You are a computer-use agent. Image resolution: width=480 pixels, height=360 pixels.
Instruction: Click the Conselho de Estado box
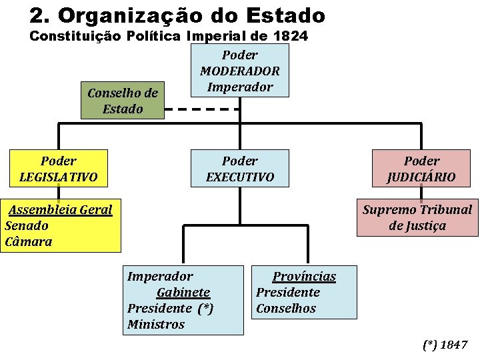point(123,101)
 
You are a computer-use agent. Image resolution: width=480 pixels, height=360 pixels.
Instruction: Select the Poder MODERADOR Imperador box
point(239,71)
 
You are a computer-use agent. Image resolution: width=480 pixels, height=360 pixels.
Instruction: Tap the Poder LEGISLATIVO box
point(58,169)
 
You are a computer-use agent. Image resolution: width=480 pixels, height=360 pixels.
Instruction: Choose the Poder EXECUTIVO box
point(240,169)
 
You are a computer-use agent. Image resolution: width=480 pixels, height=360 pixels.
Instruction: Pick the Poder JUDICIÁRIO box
point(421,169)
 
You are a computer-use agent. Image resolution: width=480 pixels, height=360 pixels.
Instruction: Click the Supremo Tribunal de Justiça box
point(417,217)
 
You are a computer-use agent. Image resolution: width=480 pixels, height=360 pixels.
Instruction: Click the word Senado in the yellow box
point(27,226)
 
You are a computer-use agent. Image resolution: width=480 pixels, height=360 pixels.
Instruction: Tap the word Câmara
point(28,242)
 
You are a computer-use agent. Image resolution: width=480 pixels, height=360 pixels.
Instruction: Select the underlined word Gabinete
point(183,293)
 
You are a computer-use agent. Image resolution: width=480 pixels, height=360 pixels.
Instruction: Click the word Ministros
point(156,325)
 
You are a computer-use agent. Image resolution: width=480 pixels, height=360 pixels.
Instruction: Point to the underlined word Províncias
point(304,277)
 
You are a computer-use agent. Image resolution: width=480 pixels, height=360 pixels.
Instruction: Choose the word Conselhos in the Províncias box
point(286,309)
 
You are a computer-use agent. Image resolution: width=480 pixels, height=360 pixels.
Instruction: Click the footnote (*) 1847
point(445,345)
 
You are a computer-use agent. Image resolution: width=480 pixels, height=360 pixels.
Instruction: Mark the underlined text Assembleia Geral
point(60,210)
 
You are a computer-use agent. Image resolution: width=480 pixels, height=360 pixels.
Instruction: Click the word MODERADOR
point(239,71)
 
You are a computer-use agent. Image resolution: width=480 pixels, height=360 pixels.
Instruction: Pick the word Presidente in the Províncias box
point(288,293)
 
